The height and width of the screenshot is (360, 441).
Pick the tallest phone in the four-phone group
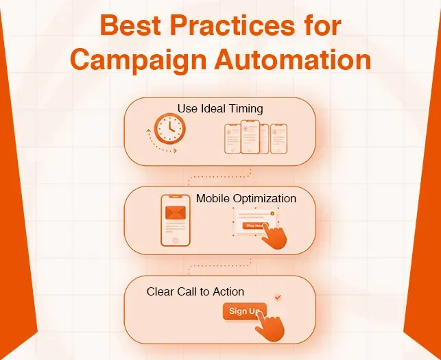pos(250,137)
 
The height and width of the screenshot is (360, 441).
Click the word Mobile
pos(213,198)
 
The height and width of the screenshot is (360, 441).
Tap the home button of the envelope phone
pos(175,241)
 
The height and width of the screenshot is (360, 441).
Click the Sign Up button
pos(241,311)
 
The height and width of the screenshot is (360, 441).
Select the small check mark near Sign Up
pos(277,297)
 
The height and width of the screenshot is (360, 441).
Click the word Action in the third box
pos(228,291)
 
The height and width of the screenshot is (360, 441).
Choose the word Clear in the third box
pos(159,291)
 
